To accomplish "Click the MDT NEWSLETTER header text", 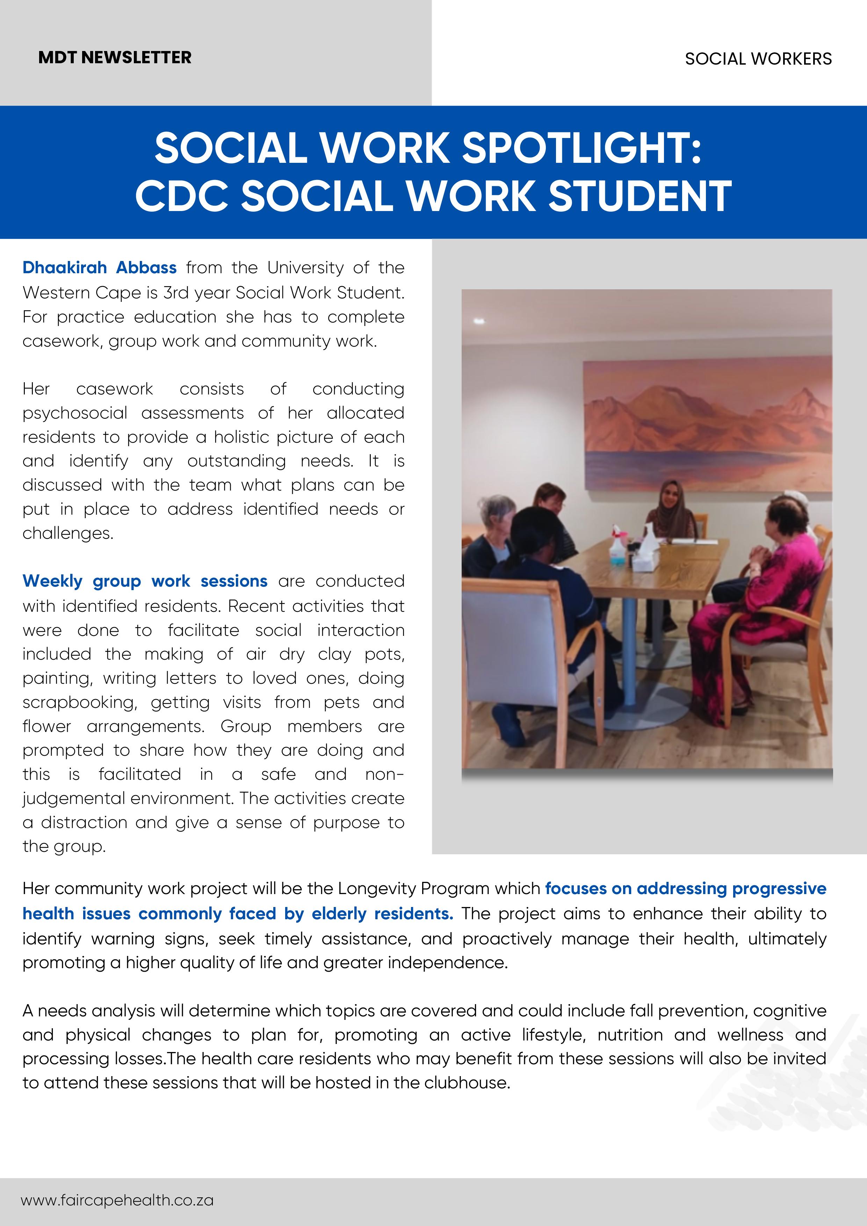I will pos(115,58).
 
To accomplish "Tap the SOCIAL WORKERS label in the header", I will pos(758,59).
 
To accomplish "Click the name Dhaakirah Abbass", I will pos(99,268).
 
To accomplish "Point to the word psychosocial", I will pos(75,413).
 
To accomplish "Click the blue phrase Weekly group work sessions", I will pos(145,581).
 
